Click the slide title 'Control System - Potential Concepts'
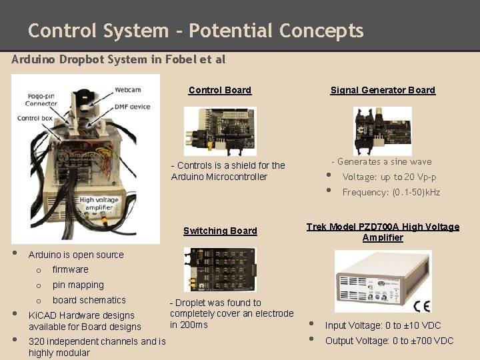(x=195, y=31)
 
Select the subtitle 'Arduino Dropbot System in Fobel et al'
(x=119, y=59)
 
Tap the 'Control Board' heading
(x=220, y=90)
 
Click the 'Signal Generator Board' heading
(x=383, y=90)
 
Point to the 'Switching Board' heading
(x=220, y=231)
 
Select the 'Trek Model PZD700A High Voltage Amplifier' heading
(x=383, y=232)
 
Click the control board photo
(x=219, y=131)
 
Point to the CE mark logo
(x=421, y=306)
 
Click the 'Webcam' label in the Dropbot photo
(x=127, y=89)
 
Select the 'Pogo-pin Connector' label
(x=41, y=99)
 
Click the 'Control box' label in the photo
(x=35, y=118)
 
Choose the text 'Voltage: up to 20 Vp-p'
(x=389, y=177)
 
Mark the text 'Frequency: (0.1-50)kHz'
(x=391, y=192)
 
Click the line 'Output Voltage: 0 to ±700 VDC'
(x=389, y=341)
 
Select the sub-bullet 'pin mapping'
(x=78, y=285)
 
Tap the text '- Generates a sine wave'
(x=381, y=161)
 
